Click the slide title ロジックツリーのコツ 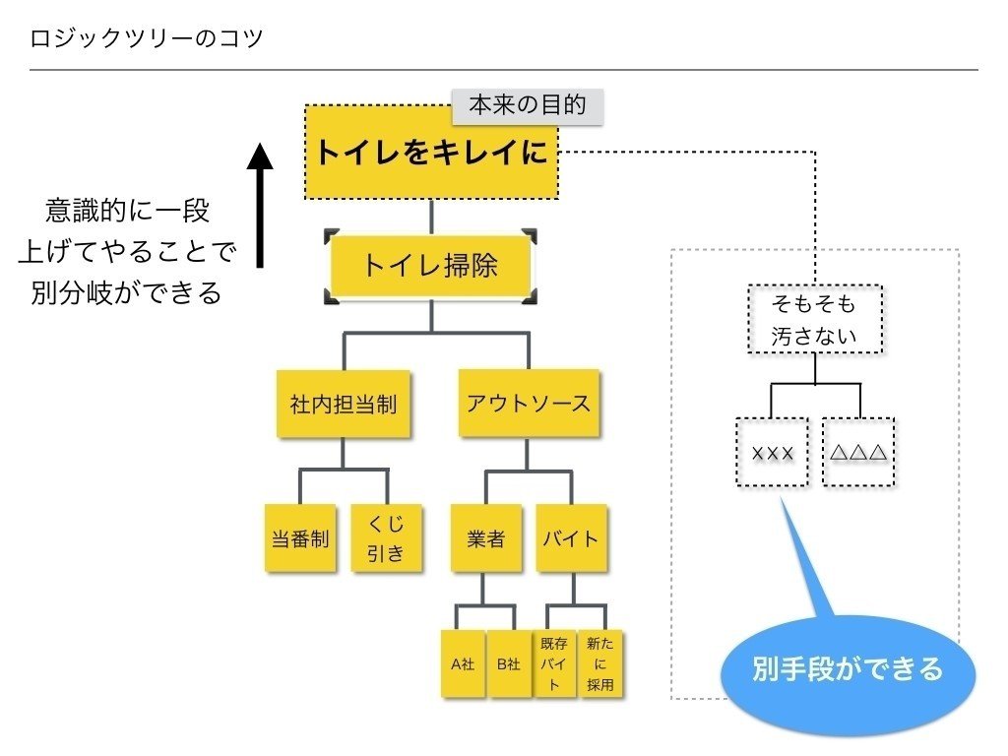147,40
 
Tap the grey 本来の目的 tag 527,106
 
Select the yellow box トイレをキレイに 431,153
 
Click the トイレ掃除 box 431,266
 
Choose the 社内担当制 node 343,404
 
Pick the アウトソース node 528,404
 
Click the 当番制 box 299,538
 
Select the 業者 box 485,538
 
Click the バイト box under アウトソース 571,538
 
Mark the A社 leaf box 463,664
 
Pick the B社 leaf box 508,664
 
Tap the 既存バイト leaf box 554,664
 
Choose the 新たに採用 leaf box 599,664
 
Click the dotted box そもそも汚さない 815,320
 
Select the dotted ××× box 772,453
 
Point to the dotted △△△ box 858,453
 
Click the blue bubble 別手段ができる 848,670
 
